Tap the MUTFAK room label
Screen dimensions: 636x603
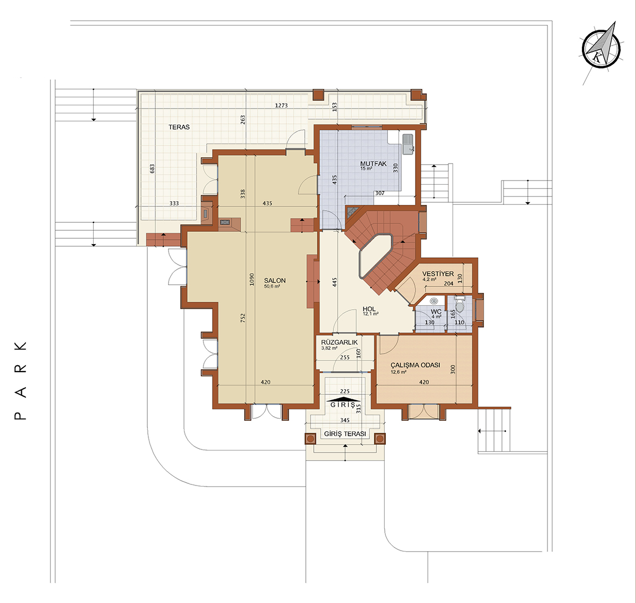click(373, 164)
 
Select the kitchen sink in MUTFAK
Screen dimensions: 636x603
click(408, 143)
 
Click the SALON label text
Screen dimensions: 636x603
click(275, 281)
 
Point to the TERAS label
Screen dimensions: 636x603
click(179, 127)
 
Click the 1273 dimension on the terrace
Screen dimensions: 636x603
click(281, 105)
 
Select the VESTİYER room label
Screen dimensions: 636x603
click(438, 274)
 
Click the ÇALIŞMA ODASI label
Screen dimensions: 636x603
click(416, 365)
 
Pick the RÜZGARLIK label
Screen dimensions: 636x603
click(339, 342)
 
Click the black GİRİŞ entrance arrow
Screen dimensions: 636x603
click(345, 399)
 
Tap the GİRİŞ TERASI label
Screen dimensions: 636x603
click(345, 434)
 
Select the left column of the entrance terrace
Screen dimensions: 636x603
click(310, 438)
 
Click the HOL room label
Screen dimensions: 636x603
click(369, 309)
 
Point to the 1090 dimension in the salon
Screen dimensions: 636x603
click(252, 279)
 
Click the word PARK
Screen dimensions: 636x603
click(21, 380)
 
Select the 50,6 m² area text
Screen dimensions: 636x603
click(272, 286)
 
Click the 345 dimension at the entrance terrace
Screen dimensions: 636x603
click(345, 420)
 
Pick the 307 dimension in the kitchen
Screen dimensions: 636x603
click(380, 193)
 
